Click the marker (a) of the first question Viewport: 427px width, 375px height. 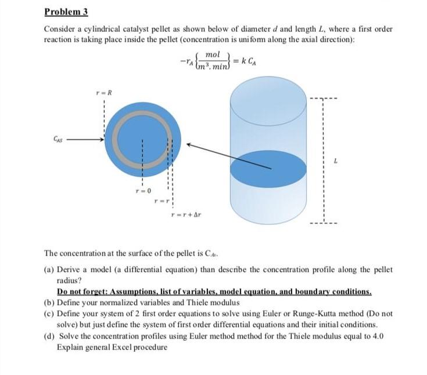(49, 270)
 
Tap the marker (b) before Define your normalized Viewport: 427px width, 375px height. (49, 302)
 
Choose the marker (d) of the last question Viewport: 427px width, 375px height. (49, 336)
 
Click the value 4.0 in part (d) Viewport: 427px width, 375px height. (377, 336)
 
